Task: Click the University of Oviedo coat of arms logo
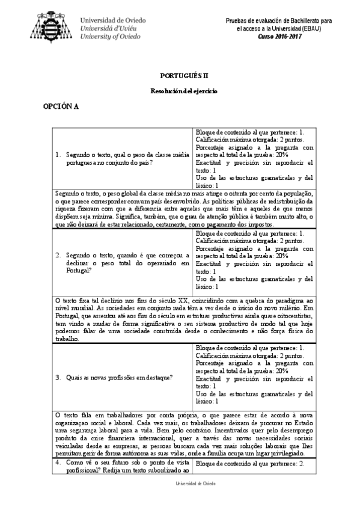click(53, 25)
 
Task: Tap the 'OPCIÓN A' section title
click(60, 106)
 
